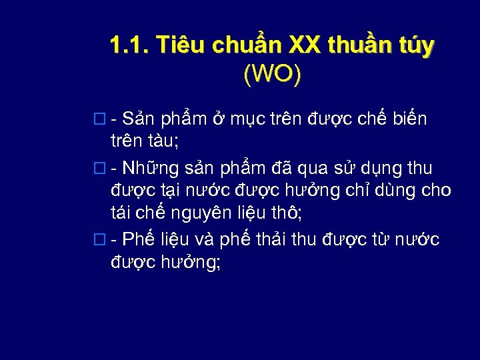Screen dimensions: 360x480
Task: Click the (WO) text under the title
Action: tap(272, 74)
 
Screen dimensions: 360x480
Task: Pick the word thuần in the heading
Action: tap(363, 45)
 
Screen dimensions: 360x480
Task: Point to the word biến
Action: tap(409, 119)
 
